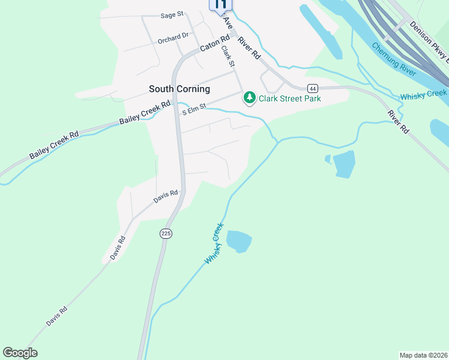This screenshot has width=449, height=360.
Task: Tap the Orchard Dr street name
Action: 173,38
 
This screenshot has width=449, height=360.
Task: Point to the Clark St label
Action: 227,56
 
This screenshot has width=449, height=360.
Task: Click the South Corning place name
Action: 179,89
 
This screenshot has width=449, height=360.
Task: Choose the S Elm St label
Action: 194,107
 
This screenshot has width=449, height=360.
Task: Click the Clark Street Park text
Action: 289,98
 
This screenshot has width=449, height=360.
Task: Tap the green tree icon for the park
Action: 249,97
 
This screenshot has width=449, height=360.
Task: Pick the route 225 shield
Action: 166,233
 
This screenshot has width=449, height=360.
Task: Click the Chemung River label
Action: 393,59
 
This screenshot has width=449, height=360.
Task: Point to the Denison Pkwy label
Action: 429,42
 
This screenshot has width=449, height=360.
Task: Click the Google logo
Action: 20,353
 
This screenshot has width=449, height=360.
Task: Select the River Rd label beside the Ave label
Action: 249,48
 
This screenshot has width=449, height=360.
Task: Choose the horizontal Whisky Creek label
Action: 423,94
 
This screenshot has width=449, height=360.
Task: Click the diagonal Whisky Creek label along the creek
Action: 214,244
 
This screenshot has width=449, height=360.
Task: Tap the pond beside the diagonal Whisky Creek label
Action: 239,241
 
